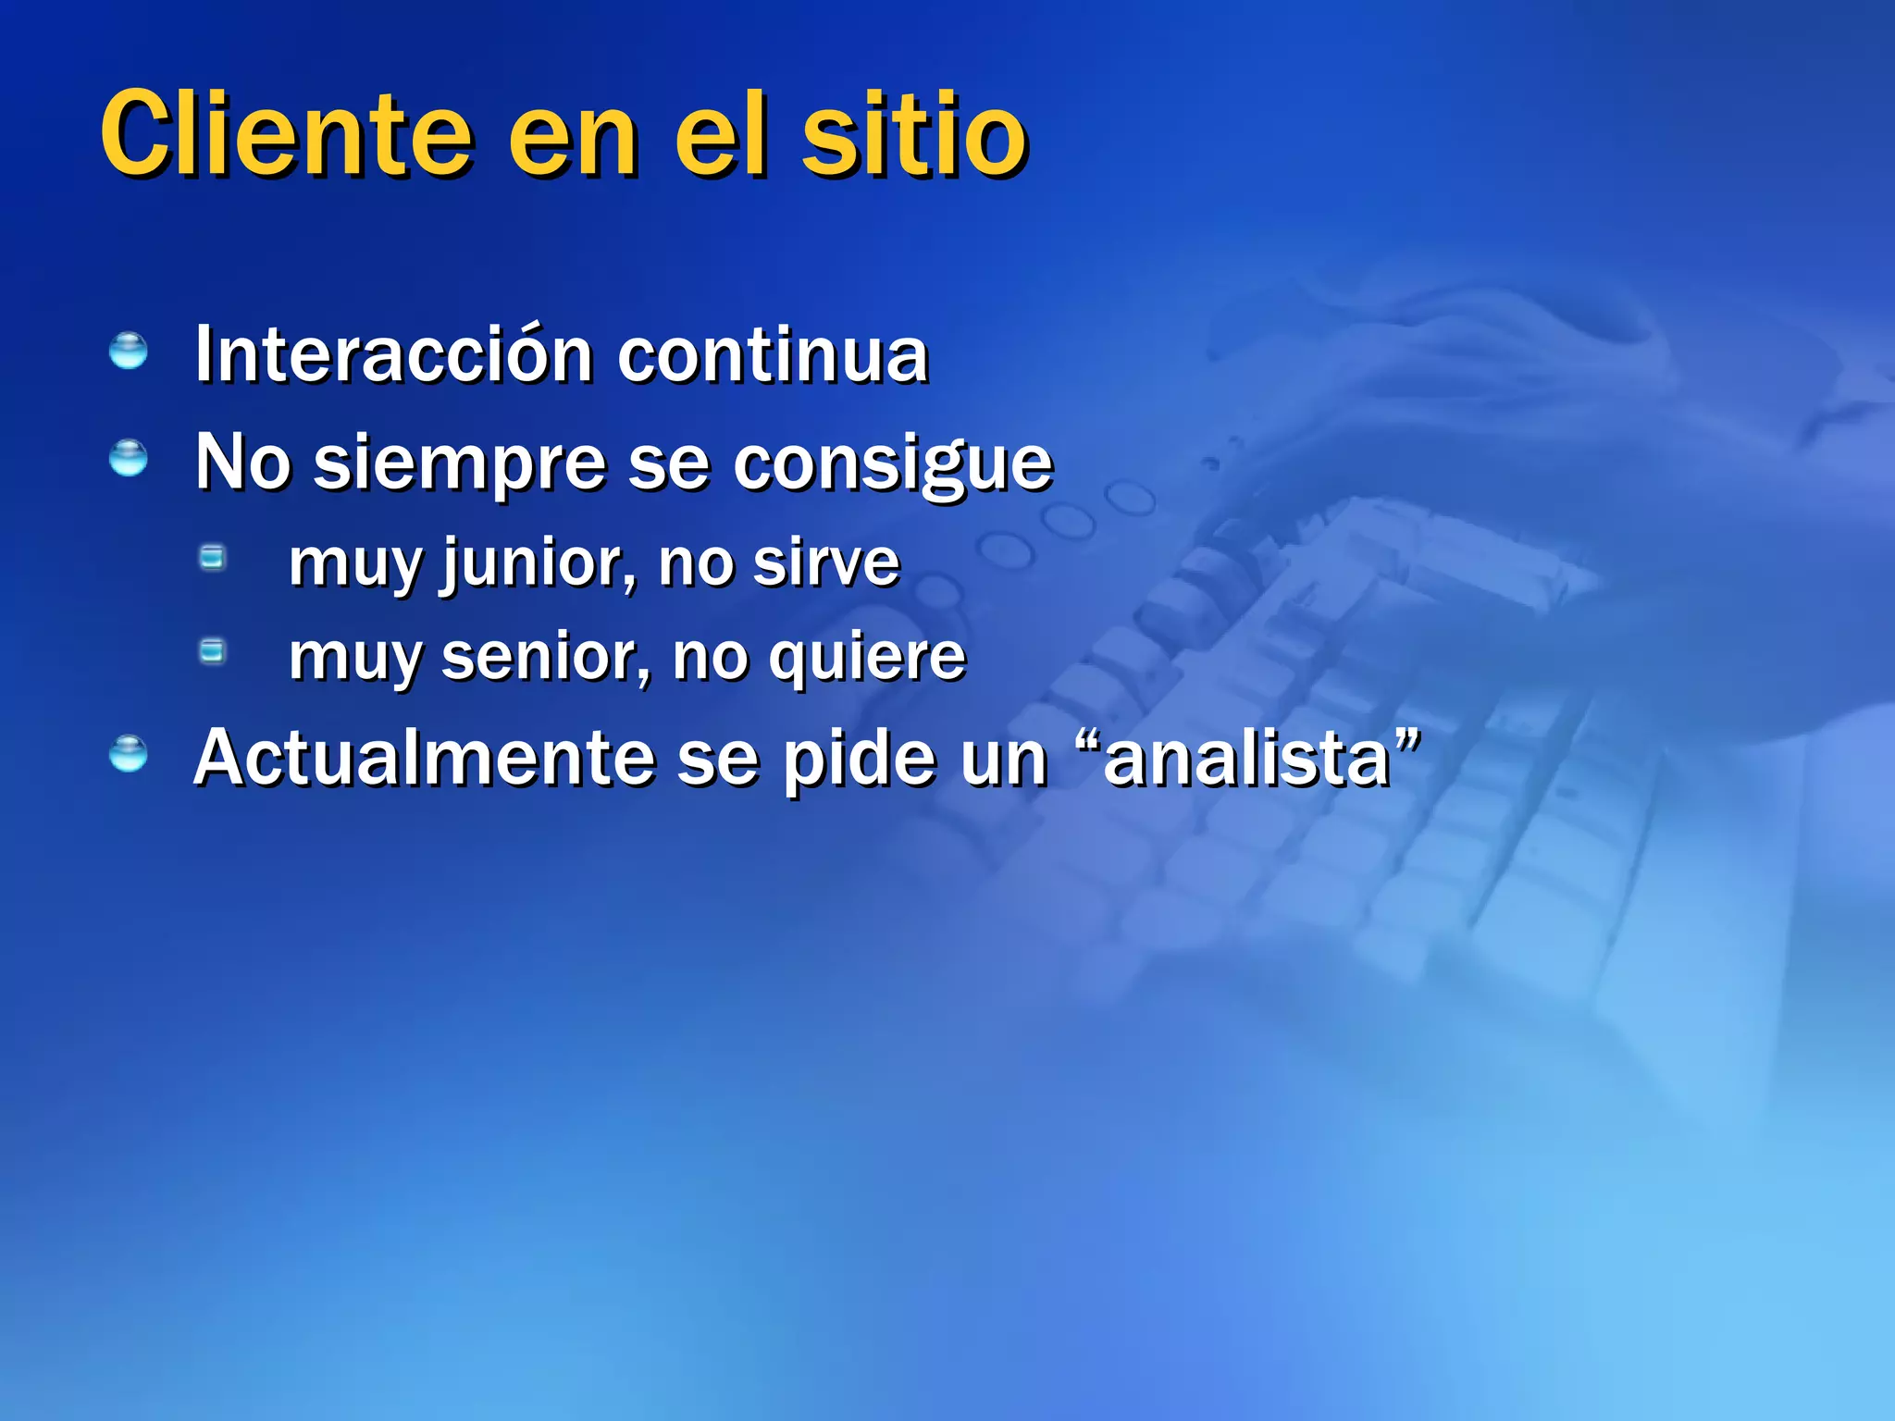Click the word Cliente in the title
(287, 134)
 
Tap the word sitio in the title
(914, 134)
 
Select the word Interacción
(393, 355)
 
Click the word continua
(773, 355)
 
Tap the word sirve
(825, 563)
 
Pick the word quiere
(867, 660)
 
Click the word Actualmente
(424, 759)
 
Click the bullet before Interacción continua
(128, 352)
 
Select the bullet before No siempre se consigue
(128, 458)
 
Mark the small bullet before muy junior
(213, 557)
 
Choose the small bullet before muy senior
(213, 651)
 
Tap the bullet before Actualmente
(128, 754)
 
